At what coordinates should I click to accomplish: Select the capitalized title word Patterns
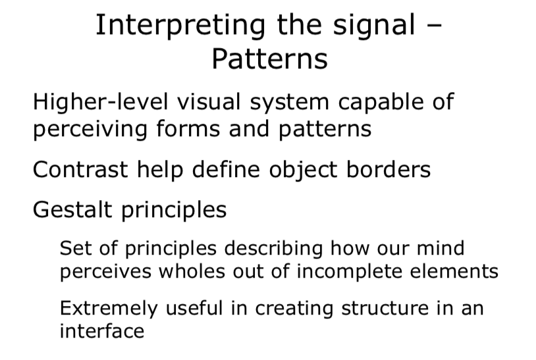click(269, 59)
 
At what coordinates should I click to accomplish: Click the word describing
click(277, 248)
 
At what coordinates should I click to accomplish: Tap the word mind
click(443, 248)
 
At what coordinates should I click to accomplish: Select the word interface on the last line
click(101, 330)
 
